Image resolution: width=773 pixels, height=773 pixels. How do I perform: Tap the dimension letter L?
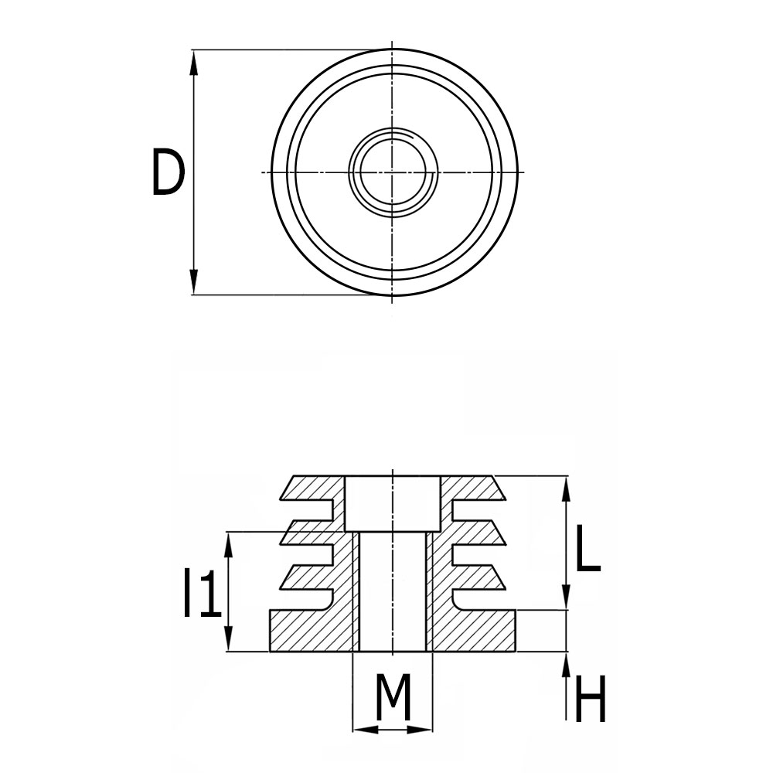(x=587, y=551)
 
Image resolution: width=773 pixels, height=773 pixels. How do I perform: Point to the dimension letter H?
(x=591, y=700)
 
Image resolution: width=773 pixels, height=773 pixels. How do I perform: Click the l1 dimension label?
(x=199, y=594)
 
